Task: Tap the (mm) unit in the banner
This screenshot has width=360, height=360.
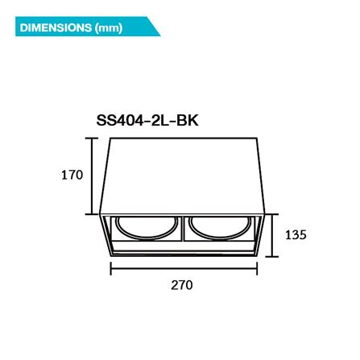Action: [x=109, y=29]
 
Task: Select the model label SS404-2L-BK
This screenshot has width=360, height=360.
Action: [x=147, y=121]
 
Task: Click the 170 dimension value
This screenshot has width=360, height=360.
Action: [x=72, y=175]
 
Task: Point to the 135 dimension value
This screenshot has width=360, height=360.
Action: [x=296, y=235]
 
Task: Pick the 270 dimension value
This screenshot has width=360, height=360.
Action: [x=182, y=284]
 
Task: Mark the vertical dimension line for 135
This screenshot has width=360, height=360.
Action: [x=275, y=236]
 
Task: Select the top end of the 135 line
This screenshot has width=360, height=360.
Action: [x=275, y=215]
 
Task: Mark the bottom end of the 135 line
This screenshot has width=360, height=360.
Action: [x=275, y=258]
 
